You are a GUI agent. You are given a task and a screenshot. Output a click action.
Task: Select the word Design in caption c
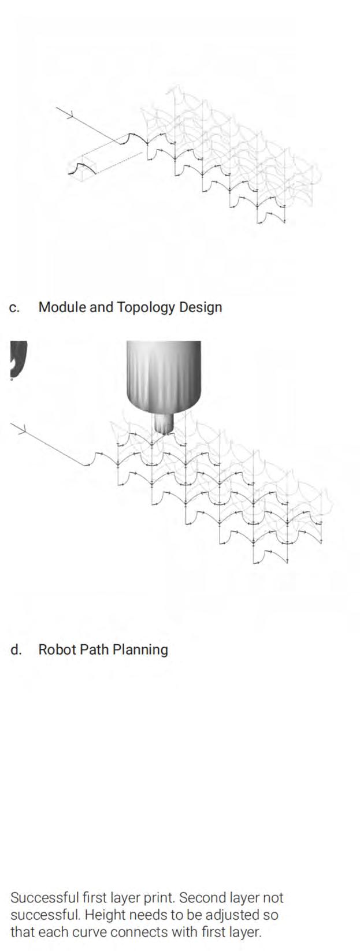coord(200,307)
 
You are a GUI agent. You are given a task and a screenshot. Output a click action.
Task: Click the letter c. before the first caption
coord(15,307)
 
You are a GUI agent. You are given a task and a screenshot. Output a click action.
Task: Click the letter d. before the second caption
coord(16,649)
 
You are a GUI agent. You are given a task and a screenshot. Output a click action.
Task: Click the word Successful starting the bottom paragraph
coord(44,898)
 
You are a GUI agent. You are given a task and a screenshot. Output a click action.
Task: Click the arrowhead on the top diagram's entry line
coord(69,114)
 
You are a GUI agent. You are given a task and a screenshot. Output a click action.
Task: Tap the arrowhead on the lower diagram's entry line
coord(21,429)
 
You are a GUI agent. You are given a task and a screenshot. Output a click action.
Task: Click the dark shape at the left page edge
coord(17,358)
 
